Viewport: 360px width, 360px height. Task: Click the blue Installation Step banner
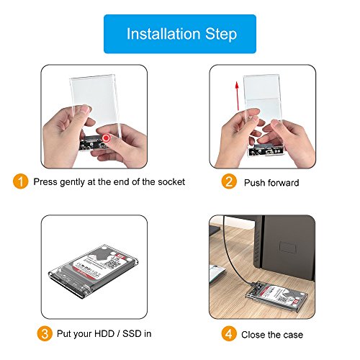[x=180, y=34]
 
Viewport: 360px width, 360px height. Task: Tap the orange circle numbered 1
[x=22, y=181]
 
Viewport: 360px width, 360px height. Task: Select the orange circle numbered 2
[x=228, y=181]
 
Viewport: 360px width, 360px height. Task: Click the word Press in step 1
[x=48, y=182]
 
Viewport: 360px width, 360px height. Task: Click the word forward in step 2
[x=285, y=183]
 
